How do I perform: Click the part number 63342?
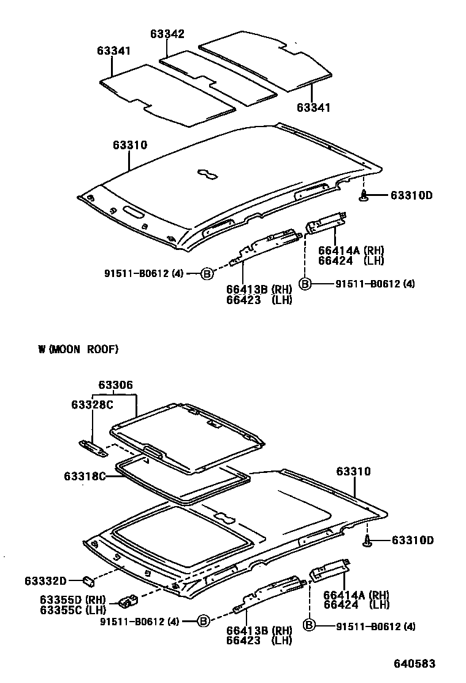pyautogui.click(x=167, y=34)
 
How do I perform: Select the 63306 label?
pyautogui.click(x=115, y=385)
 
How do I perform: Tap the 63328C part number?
pyautogui.click(x=93, y=404)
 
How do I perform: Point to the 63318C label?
pyautogui.click(x=85, y=475)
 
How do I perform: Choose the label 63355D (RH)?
pyautogui.click(x=73, y=600)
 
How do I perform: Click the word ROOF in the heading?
pyautogui.click(x=102, y=349)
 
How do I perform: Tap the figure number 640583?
pyautogui.click(x=414, y=664)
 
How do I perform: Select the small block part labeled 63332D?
pyautogui.click(x=88, y=579)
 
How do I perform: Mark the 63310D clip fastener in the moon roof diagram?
pyautogui.click(x=367, y=541)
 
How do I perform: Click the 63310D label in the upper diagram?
pyautogui.click(x=411, y=195)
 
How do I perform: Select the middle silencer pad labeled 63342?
pyautogui.click(x=218, y=77)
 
